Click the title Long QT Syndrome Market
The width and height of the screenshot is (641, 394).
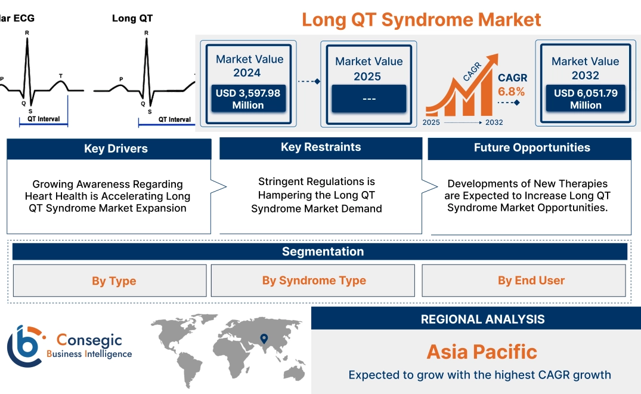tap(421, 19)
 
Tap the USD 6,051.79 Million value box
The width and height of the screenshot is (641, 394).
tap(585, 98)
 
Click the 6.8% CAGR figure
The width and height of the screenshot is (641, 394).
tap(511, 91)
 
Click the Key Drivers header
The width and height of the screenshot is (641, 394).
tap(116, 149)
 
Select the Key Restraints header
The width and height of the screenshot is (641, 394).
tap(321, 147)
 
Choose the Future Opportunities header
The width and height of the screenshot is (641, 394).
tap(531, 148)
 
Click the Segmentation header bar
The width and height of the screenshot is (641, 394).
tap(323, 251)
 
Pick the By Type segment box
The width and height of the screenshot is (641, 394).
tap(114, 281)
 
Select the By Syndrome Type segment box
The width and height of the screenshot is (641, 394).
tap(314, 281)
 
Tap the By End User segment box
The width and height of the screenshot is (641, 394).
tap(531, 281)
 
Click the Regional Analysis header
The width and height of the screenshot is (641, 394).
tap(482, 319)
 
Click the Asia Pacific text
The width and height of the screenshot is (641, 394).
tap(482, 352)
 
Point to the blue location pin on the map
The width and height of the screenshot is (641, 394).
tap(263, 339)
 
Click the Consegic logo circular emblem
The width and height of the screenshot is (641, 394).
tap(24, 346)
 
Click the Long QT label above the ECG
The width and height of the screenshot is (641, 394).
tap(132, 18)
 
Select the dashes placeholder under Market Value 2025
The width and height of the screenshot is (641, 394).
tap(369, 98)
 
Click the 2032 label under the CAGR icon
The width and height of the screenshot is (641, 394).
tap(494, 122)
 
